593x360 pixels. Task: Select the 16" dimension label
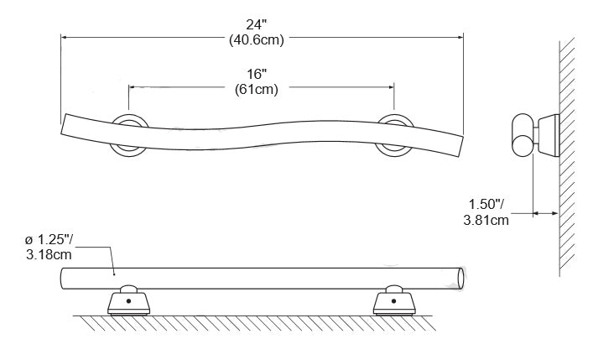coord(256,73)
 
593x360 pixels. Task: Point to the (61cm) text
coord(256,87)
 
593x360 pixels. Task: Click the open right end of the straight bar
coord(460,277)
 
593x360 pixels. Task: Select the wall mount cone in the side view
coord(548,134)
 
